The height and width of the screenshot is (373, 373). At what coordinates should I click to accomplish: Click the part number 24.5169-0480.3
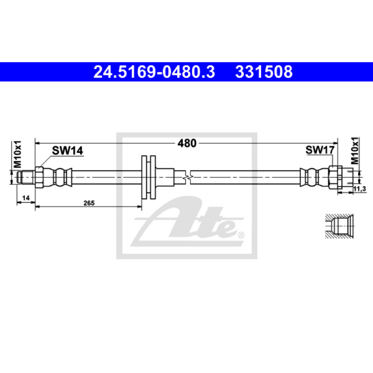pyautogui.click(x=154, y=72)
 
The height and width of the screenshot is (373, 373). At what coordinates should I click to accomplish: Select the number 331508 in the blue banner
pyautogui.click(x=264, y=72)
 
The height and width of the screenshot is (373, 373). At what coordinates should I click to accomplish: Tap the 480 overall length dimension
pyautogui.click(x=187, y=143)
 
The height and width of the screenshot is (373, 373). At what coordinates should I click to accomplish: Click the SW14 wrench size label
pyautogui.click(x=67, y=151)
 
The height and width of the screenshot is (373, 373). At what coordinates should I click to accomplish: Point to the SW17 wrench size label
pyautogui.click(x=320, y=150)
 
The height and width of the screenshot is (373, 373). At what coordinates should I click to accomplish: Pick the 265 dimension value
pyautogui.click(x=89, y=203)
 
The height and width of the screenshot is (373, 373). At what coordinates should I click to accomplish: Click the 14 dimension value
pyautogui.click(x=26, y=198)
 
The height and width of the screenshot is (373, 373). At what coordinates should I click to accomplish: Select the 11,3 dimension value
pyautogui.click(x=359, y=189)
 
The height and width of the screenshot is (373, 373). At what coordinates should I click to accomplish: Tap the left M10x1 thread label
pyautogui.click(x=17, y=154)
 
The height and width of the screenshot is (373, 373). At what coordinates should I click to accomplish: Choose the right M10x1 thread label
pyautogui.click(x=355, y=151)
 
